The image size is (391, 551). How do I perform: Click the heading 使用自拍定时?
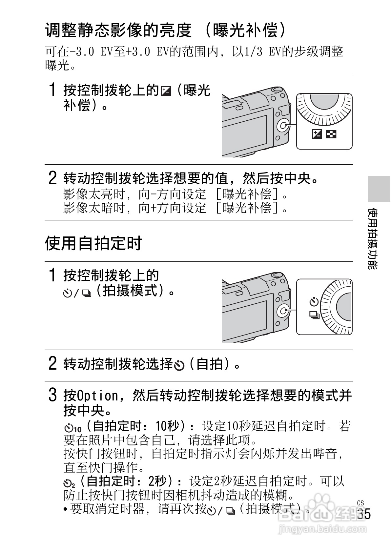pos(93,243)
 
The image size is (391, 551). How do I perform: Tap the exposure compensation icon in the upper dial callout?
pos(317,134)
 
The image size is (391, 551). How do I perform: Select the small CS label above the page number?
pos(360,503)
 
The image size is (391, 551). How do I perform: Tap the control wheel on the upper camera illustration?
pos(283,126)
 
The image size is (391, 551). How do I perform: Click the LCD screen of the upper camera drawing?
pos(246,134)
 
